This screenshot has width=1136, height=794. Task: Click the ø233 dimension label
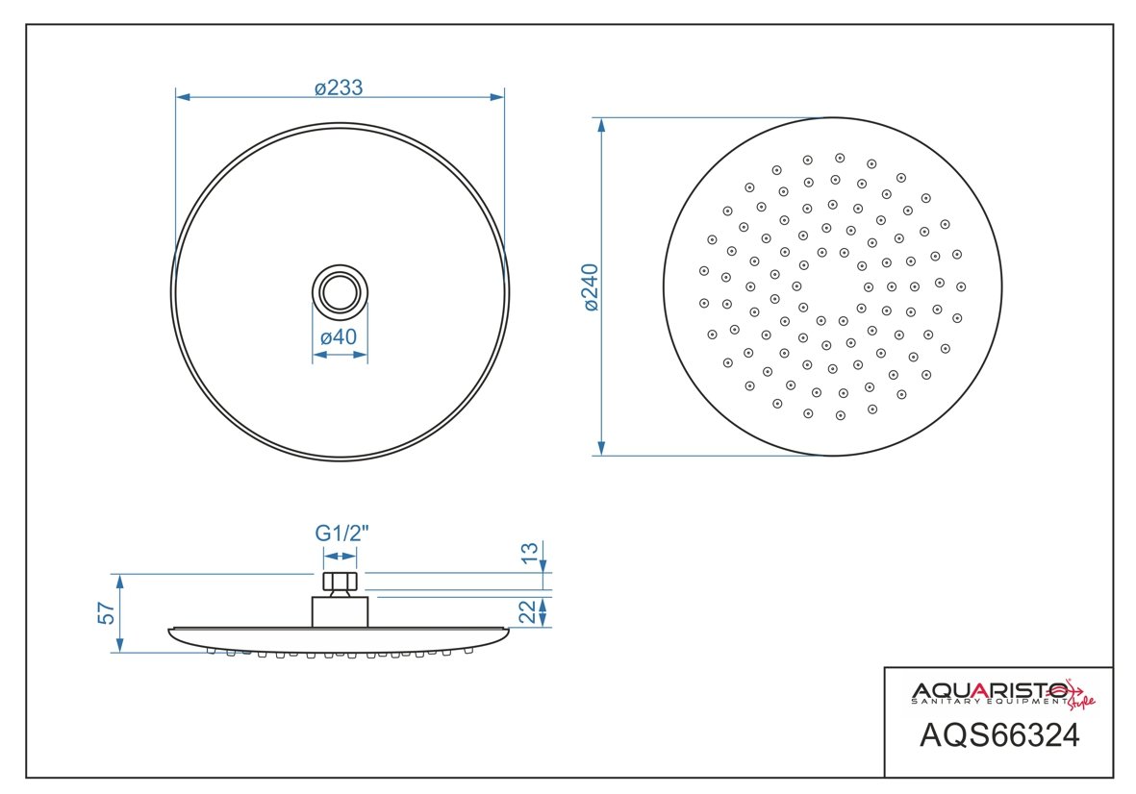339,87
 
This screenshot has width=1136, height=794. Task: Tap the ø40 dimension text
339,336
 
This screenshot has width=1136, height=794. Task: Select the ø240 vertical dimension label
591,287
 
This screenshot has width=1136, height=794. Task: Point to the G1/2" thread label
341,533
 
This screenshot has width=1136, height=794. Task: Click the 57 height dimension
107,613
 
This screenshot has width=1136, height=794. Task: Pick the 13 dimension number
530,553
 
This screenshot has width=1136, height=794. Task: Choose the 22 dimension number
529,611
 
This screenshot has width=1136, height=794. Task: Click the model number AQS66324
999,735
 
